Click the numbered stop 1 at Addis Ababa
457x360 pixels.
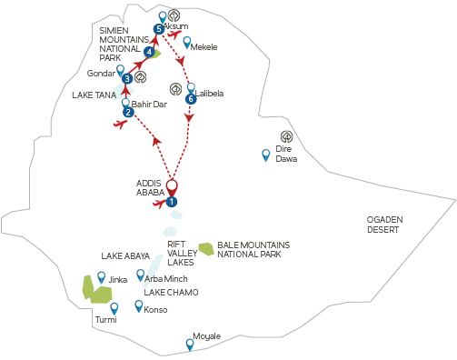point(172,202)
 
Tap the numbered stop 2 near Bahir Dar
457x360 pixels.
point(128,113)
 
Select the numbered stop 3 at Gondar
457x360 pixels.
point(127,79)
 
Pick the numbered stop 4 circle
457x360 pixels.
point(149,52)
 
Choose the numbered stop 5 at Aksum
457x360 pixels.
point(159,29)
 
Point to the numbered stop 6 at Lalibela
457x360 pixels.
point(191,99)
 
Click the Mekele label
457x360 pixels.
point(204,47)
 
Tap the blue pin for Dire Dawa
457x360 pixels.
point(266,155)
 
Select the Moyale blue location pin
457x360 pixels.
point(190,345)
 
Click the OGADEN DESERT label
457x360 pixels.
point(384,225)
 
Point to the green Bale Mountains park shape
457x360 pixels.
point(206,249)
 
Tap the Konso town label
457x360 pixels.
point(155,310)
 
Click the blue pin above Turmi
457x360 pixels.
point(114,309)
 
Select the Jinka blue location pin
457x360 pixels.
point(102,277)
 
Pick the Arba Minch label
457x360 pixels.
point(166,279)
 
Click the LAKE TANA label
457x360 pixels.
point(94,95)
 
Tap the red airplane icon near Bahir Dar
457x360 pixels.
point(120,124)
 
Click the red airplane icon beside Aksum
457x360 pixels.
point(175,34)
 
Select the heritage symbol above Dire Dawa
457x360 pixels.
point(286,136)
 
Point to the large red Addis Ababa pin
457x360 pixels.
point(172,188)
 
